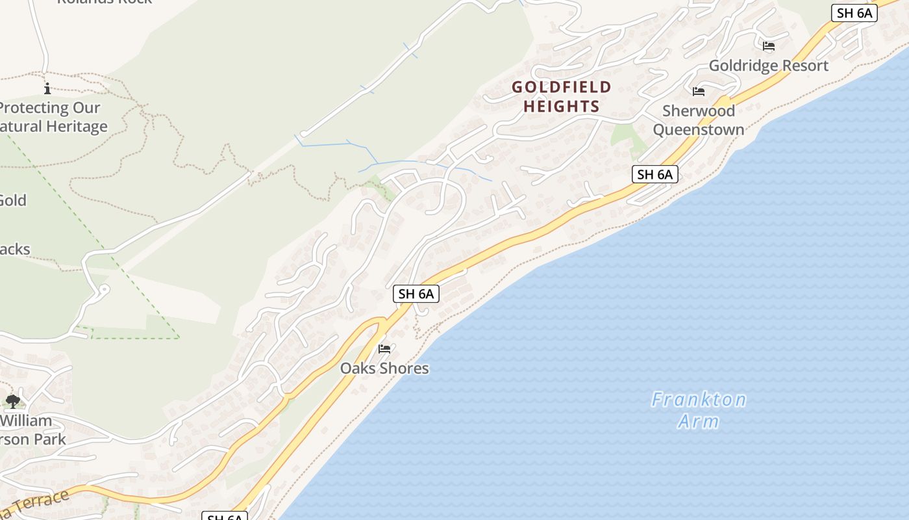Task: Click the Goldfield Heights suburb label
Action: pyautogui.click(x=562, y=96)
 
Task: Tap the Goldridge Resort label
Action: pyautogui.click(x=768, y=66)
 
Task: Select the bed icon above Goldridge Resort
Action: pyautogui.click(x=769, y=46)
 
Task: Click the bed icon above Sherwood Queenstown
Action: pyautogui.click(x=699, y=92)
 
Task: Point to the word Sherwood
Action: pyautogui.click(x=699, y=110)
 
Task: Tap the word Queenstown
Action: pyautogui.click(x=699, y=129)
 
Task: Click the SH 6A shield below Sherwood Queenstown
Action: pyautogui.click(x=654, y=174)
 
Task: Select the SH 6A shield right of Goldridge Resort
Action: pyautogui.click(x=854, y=13)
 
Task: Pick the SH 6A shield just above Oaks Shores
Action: pyautogui.click(x=416, y=294)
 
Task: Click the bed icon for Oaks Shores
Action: pyautogui.click(x=384, y=349)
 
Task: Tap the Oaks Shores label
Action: pyautogui.click(x=384, y=368)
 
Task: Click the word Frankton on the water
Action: pyautogui.click(x=699, y=399)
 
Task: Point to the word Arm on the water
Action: pyautogui.click(x=699, y=421)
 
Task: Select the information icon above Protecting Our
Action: pyautogui.click(x=47, y=88)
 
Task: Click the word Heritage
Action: pyautogui.click(x=76, y=126)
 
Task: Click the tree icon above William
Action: pyautogui.click(x=12, y=402)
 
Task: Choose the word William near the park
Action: pyautogui.click(x=26, y=421)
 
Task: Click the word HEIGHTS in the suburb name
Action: pyautogui.click(x=562, y=106)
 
